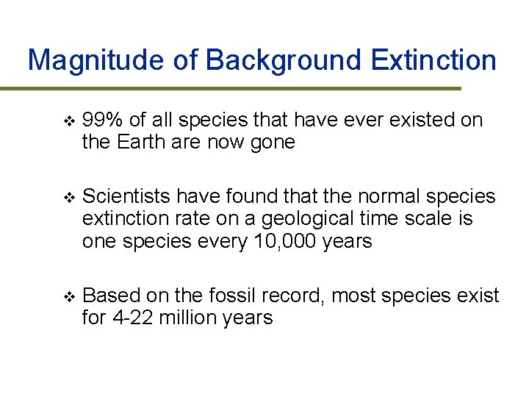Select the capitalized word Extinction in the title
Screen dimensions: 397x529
[x=434, y=60]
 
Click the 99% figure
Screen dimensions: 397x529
[x=103, y=121]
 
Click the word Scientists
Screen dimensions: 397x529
[x=126, y=197]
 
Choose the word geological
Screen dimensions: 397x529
[x=306, y=219]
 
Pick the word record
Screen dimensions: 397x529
[x=293, y=296]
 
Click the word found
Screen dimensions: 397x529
[x=225, y=197]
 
